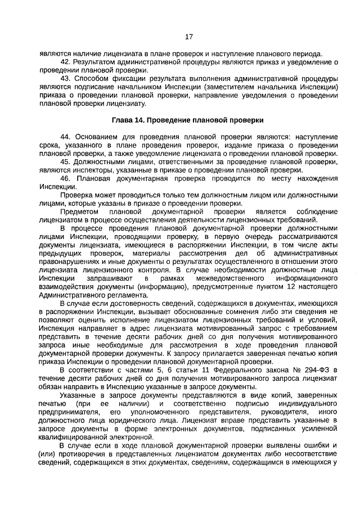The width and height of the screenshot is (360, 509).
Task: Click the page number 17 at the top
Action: click(188, 37)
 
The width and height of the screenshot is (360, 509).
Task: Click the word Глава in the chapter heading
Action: click(123, 120)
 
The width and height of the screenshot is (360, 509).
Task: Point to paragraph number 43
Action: click(66, 78)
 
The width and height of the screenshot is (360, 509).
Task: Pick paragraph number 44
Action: click(66, 137)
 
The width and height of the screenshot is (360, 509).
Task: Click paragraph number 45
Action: click(66, 161)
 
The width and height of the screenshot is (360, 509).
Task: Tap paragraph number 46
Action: click(66, 178)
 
